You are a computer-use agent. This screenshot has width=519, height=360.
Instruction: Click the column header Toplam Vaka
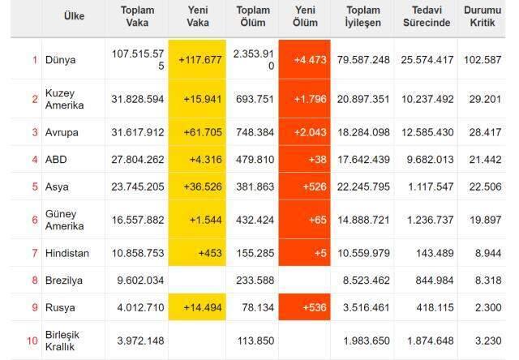[137, 17]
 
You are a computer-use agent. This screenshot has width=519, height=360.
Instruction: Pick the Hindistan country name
[67, 253]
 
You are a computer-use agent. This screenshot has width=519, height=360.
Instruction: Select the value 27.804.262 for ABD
[137, 160]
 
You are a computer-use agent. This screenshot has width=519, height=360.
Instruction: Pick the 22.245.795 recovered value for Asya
[362, 186]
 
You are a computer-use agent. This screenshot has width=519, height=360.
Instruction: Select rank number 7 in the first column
[35, 253]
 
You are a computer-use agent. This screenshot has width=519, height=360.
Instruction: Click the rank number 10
[32, 340]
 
